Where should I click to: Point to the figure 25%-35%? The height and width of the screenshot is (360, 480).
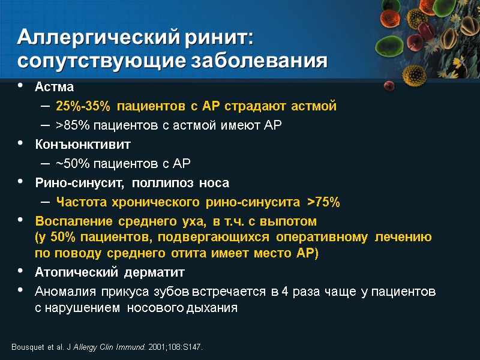point(83,106)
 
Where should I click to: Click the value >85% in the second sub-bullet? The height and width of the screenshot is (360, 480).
point(70,125)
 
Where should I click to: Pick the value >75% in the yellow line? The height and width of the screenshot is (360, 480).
point(323,202)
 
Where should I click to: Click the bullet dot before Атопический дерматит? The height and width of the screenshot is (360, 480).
point(22,272)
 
